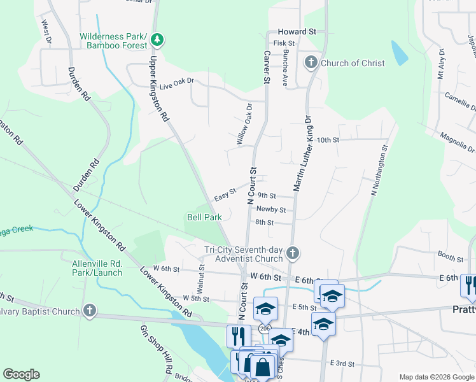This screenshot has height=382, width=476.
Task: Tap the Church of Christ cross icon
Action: (x=311, y=62)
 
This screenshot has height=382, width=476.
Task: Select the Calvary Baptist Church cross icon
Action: (x=90, y=311)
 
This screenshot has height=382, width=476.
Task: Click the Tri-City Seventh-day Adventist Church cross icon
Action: (x=293, y=253)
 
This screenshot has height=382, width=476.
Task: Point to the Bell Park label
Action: (x=204, y=217)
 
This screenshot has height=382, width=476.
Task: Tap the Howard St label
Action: (x=297, y=31)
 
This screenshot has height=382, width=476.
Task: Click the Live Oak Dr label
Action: (x=176, y=85)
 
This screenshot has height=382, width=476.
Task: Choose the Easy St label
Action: (x=225, y=192)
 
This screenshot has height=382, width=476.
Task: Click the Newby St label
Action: (x=271, y=209)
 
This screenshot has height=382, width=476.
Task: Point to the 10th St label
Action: (x=328, y=139)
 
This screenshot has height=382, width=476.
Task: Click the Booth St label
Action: (x=450, y=257)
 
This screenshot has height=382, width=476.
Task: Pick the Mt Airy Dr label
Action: (x=440, y=66)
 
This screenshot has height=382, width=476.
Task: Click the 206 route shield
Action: (x=263, y=328)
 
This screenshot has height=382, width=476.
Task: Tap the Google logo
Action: (x=21, y=374)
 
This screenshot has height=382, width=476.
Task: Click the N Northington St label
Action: (x=375, y=171)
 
